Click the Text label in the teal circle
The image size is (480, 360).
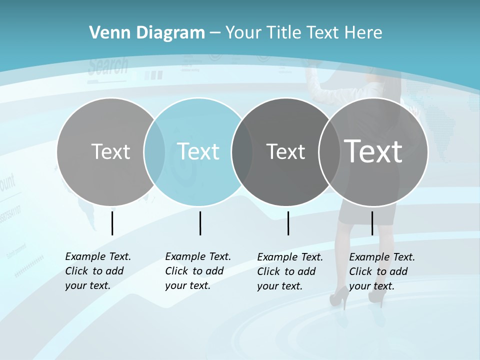tap(198, 151)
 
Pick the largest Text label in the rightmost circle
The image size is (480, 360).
tap(373, 151)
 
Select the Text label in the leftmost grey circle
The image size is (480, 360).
tap(110, 151)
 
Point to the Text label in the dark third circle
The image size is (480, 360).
tap(285, 151)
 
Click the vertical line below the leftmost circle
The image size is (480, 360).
tap(112, 223)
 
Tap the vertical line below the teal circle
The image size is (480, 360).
tap(200, 223)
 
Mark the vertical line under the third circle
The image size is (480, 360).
tap(288, 223)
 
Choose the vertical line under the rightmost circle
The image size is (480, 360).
tap(372, 223)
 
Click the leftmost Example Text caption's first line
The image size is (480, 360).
tap(98, 256)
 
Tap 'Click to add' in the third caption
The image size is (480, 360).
tap(286, 271)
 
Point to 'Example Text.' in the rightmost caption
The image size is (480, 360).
tap(382, 257)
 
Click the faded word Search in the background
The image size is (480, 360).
tap(108, 66)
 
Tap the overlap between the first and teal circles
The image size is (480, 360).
tap(154, 151)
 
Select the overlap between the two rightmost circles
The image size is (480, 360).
tap(329, 151)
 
